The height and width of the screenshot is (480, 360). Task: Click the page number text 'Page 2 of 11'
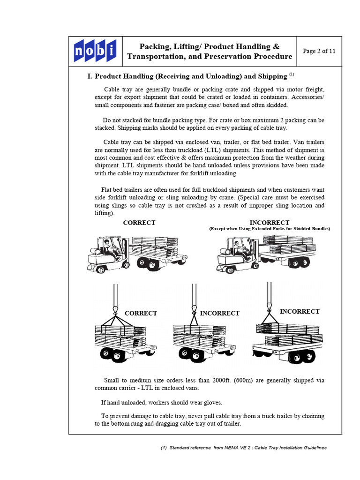click(x=319, y=51)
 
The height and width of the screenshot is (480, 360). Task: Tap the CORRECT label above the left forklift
click(x=139, y=223)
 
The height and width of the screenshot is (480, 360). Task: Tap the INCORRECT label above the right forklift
click(x=270, y=223)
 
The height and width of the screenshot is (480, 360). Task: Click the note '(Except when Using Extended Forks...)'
click(x=270, y=229)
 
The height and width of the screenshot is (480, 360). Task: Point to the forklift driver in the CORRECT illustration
click(x=108, y=248)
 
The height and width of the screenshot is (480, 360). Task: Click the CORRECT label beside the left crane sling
click(x=141, y=313)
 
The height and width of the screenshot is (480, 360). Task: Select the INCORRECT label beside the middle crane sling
click(x=219, y=313)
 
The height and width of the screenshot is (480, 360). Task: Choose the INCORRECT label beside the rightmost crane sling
click(x=300, y=311)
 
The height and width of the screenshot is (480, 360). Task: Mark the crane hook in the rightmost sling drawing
click(x=269, y=307)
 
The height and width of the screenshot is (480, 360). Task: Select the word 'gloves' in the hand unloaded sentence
click(x=212, y=402)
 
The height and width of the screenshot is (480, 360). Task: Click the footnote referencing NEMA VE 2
click(x=244, y=448)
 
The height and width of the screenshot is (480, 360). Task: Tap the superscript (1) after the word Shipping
click(x=291, y=74)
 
